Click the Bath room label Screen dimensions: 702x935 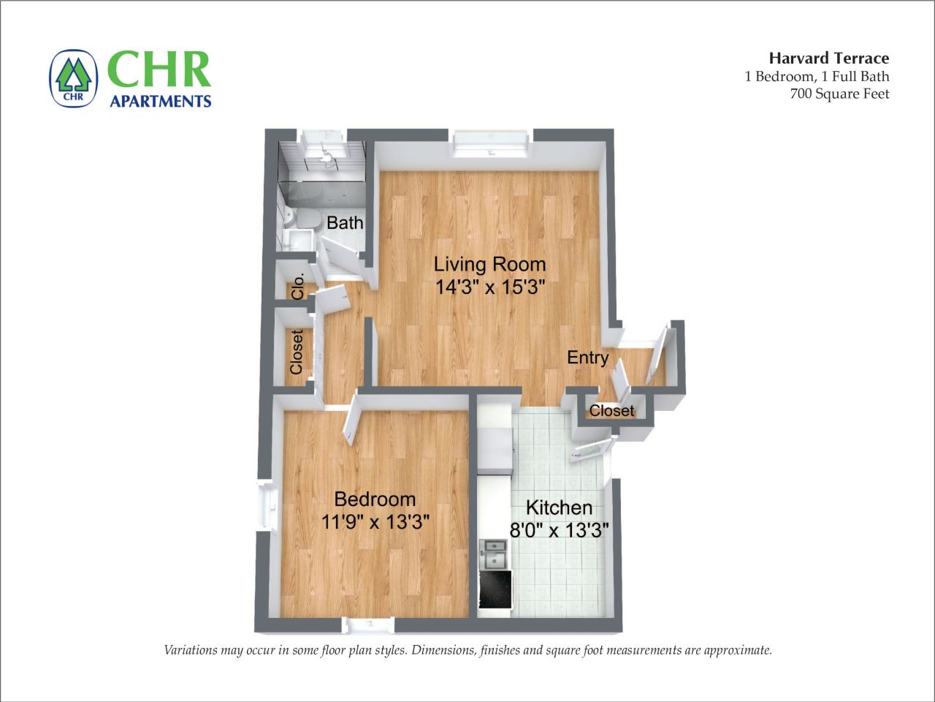point(344,222)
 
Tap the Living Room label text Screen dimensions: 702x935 point(489,264)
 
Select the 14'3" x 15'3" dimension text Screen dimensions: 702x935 point(489,287)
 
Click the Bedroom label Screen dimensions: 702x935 point(375,499)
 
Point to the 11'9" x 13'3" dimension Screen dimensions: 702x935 point(375,521)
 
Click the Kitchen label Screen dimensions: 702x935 point(559,507)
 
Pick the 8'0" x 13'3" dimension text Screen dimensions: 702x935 point(559,530)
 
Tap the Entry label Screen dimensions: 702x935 point(587,358)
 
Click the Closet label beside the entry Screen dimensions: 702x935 point(611,411)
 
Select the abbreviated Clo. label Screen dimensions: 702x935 point(297,286)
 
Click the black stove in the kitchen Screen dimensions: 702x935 point(495,590)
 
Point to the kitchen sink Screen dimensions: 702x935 point(495,554)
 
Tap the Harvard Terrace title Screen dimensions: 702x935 point(828,58)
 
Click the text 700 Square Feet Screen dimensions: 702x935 point(839,94)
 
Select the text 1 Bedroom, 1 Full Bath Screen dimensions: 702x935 point(817,76)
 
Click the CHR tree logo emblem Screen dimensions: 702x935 point(73,78)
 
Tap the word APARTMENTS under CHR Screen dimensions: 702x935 point(160,101)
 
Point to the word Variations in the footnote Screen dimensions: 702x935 point(192,650)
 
